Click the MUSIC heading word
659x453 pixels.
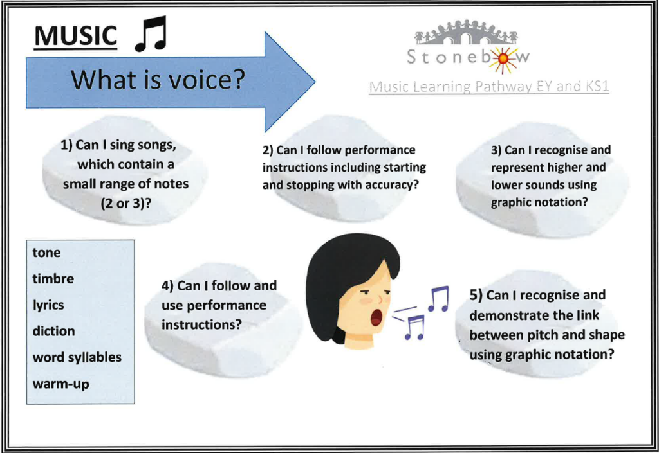click(76, 36)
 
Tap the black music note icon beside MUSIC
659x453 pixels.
click(151, 34)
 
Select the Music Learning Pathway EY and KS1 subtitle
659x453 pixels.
click(489, 86)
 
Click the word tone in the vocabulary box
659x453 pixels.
click(46, 253)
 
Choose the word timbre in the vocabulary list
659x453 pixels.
click(53, 278)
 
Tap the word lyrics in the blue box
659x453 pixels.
click(48, 305)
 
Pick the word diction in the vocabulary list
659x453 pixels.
click(54, 331)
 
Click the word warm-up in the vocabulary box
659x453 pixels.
click(61, 384)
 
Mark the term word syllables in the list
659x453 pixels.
click(77, 357)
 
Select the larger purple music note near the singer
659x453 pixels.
click(438, 299)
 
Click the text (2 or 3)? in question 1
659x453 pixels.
click(125, 204)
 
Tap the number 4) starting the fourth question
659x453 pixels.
click(168, 286)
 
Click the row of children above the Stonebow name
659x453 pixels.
click(466, 32)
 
